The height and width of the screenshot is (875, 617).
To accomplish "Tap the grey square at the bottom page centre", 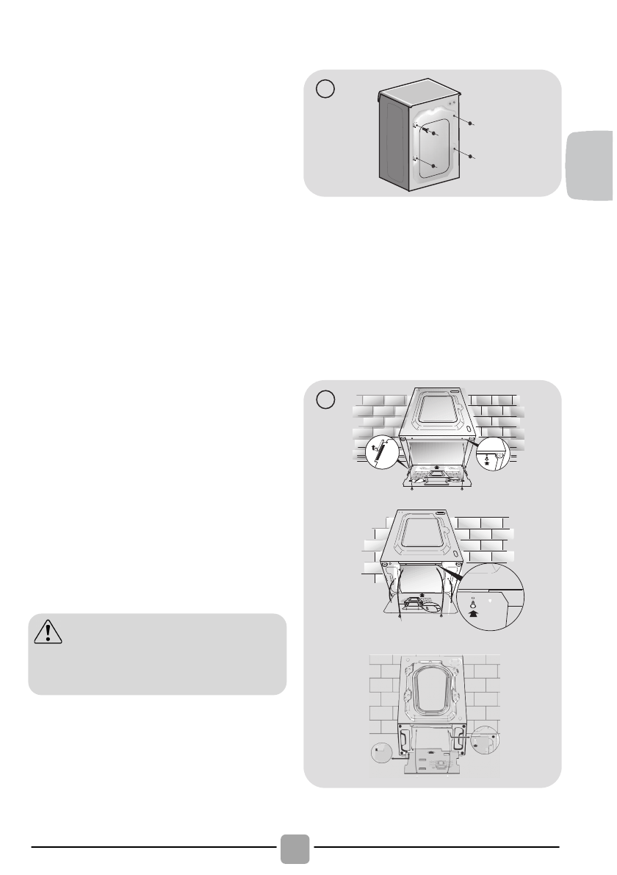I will [295, 849].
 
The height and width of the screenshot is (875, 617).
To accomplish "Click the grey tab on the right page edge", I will [590, 165].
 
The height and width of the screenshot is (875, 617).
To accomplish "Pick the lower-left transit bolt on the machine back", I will [435, 166].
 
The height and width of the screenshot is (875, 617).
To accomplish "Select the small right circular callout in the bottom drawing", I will [486, 739].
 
